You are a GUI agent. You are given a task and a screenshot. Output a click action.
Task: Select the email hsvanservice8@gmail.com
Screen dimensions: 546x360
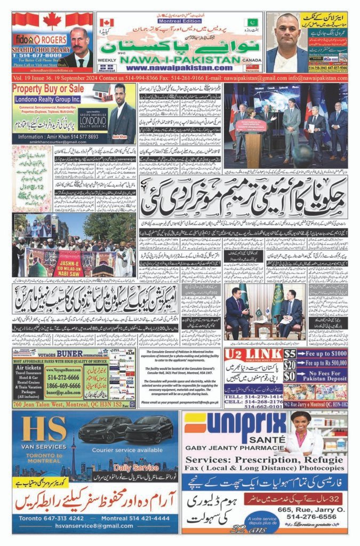94,525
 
